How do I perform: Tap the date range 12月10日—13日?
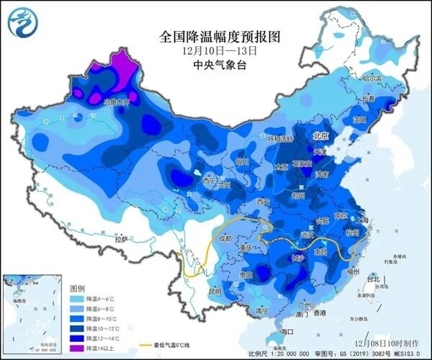pos(215,50)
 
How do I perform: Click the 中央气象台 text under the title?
pos(215,65)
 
